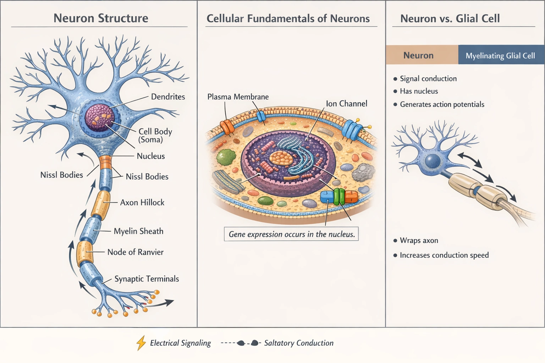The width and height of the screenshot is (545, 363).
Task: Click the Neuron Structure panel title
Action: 101,18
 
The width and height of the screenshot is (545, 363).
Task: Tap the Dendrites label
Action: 168,97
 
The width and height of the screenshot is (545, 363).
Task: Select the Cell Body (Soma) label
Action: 155,135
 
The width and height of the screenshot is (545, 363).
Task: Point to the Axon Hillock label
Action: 142,202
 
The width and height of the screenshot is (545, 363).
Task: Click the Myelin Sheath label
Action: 138,231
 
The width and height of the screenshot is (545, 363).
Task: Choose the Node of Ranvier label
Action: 135,252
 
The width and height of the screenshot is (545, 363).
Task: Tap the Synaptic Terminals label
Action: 147,279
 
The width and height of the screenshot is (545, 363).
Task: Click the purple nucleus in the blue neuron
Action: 99,117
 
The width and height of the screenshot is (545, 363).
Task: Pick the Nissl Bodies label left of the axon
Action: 61,175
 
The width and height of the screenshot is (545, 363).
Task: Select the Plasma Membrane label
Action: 238,97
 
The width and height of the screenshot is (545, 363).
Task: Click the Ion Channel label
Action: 346,104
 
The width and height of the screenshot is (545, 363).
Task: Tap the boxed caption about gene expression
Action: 291,234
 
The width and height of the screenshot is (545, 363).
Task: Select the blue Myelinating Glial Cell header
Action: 500,56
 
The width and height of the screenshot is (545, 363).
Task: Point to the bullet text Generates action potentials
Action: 442,104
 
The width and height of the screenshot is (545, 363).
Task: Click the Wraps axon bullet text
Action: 419,240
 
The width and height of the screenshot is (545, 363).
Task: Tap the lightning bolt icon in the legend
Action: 141,343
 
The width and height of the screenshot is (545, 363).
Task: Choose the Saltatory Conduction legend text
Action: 298,343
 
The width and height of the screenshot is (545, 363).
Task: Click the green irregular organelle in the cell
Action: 226,157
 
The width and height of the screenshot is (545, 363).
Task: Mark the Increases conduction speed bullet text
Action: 444,255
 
